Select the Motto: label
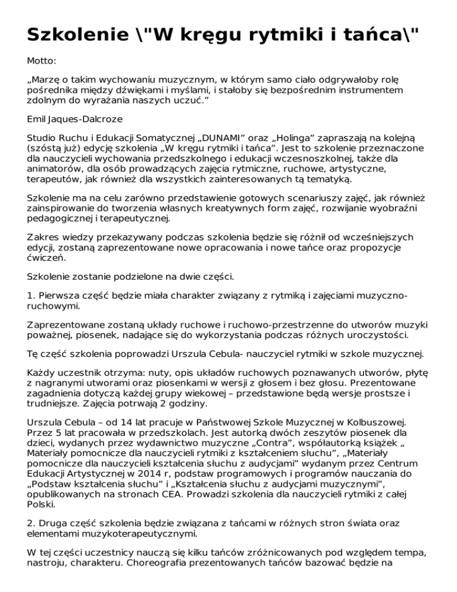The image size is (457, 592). click(42, 61)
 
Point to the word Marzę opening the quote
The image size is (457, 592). click(47, 79)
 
